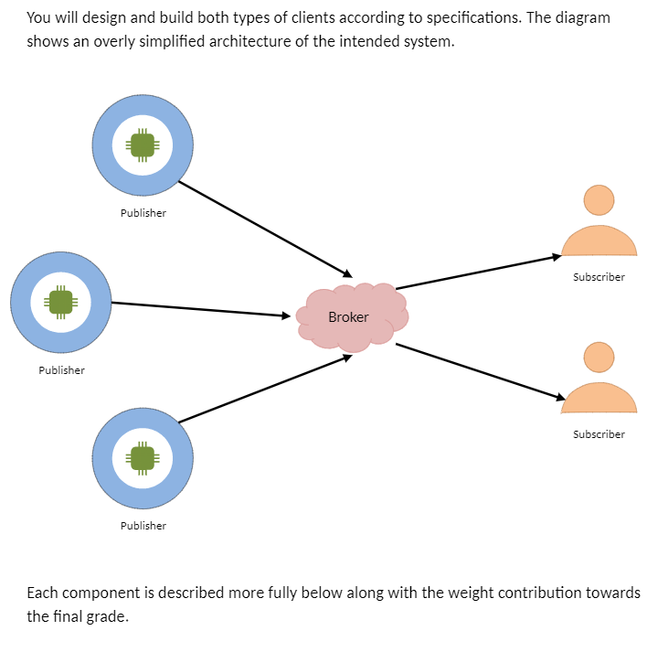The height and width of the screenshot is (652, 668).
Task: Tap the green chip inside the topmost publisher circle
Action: coord(143,144)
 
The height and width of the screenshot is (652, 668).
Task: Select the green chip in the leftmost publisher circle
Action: coord(61,302)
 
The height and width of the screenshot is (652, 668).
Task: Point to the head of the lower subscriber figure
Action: coord(599,357)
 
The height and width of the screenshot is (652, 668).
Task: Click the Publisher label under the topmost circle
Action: coord(143,213)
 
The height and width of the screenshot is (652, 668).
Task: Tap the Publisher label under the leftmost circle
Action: coord(61,370)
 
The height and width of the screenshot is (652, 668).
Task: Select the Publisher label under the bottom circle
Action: coord(143,526)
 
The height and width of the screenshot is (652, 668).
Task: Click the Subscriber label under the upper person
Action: coord(599,277)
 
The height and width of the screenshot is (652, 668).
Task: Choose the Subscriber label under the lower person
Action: coord(599,434)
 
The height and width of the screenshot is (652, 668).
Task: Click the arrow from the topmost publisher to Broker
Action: coord(265,229)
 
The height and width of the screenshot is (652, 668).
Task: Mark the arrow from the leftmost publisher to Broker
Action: coord(201,309)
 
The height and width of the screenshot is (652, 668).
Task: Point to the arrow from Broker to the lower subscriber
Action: coord(480,371)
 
